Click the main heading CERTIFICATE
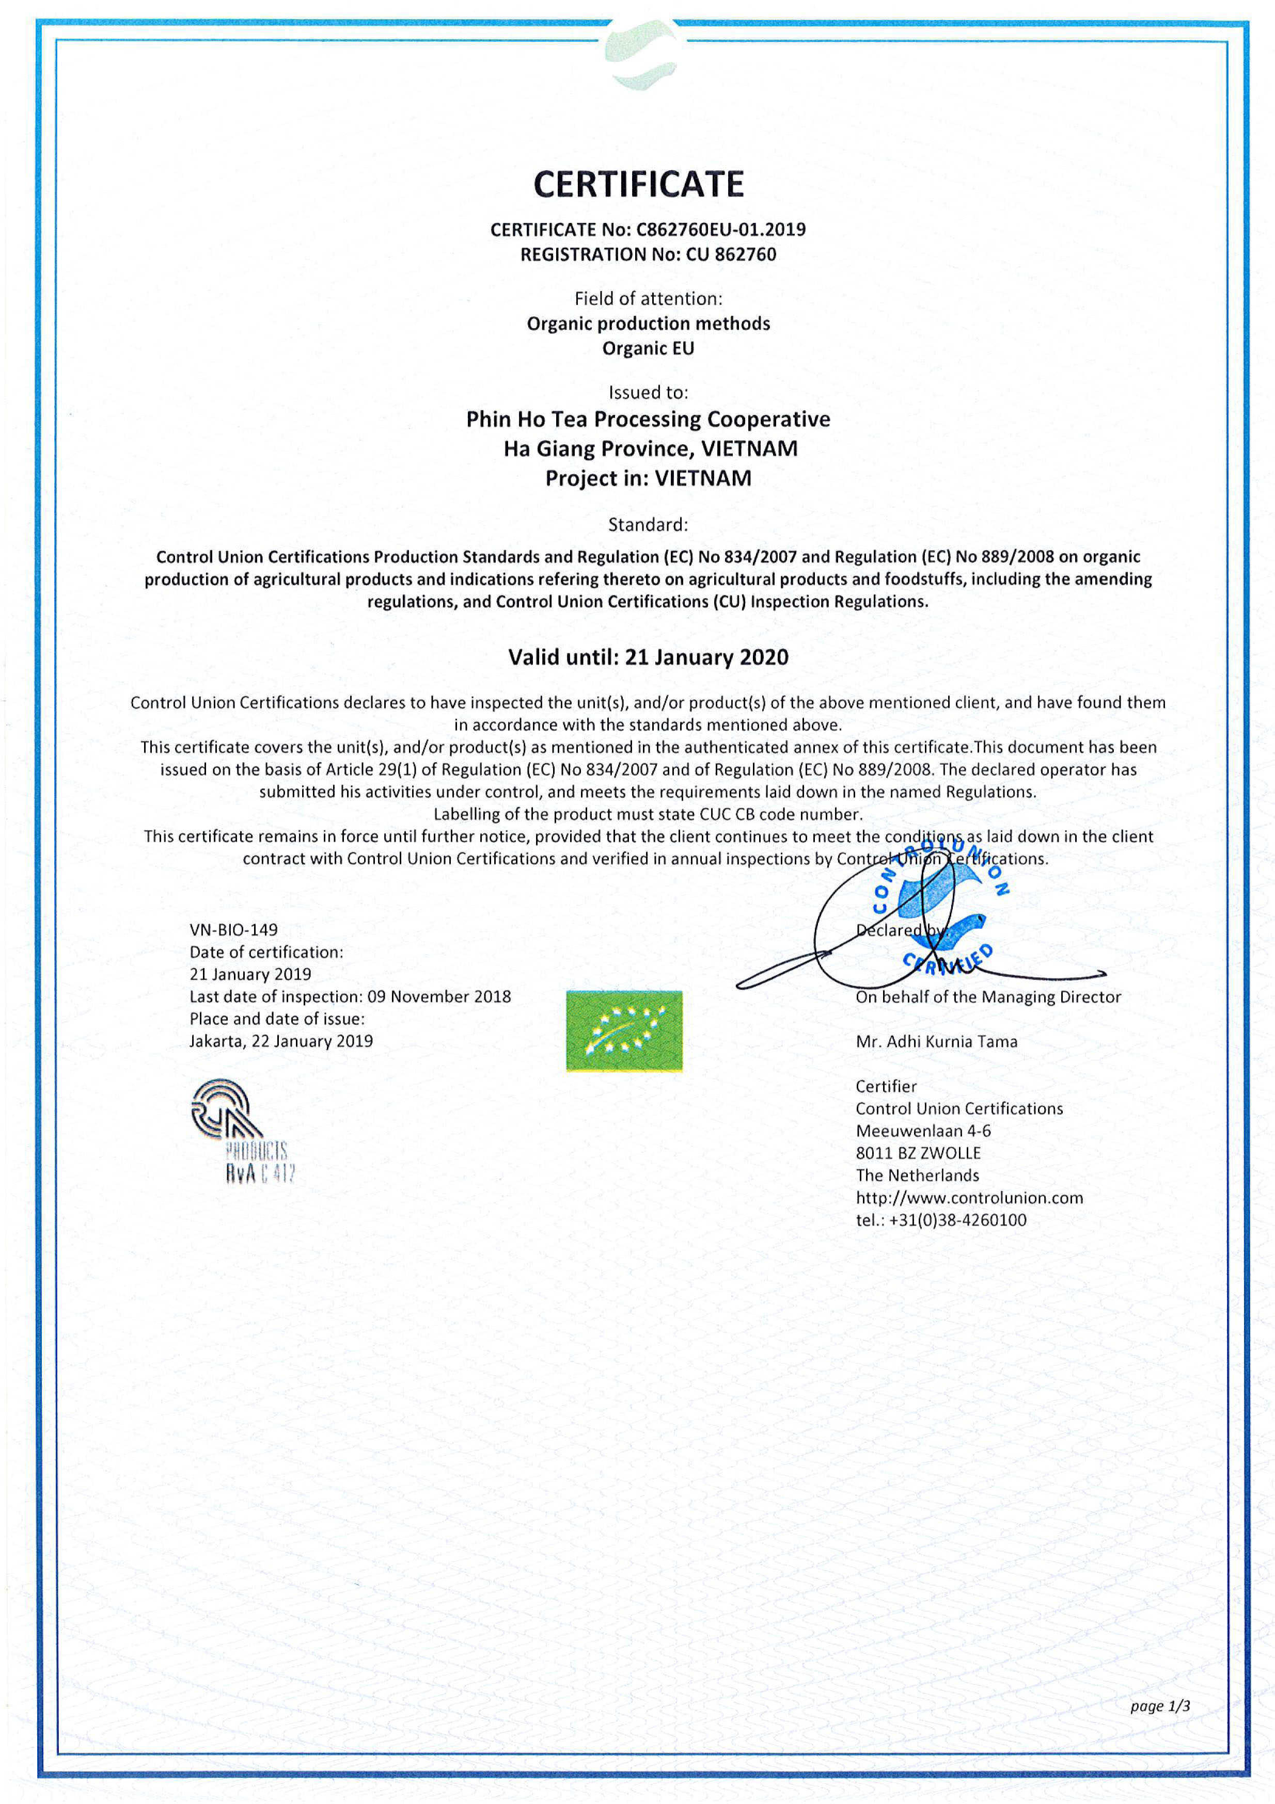(638, 185)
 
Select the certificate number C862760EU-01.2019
(720, 230)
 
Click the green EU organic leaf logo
(624, 1031)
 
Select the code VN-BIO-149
(233, 929)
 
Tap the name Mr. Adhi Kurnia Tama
(936, 1041)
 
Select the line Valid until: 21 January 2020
(648, 657)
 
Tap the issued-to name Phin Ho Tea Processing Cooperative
(648, 420)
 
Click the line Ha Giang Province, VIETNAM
(650, 448)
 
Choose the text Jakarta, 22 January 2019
(280, 1041)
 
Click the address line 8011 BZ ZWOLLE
(918, 1153)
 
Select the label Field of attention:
(648, 299)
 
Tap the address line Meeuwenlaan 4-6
(923, 1131)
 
